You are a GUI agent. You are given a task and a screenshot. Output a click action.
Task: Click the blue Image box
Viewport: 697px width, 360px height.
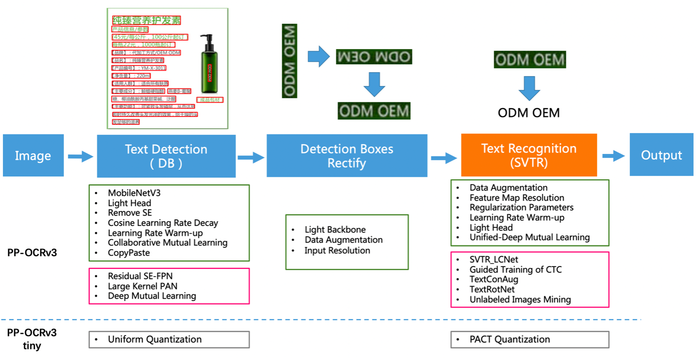33,155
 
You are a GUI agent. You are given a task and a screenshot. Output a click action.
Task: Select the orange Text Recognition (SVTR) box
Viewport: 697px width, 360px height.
529,155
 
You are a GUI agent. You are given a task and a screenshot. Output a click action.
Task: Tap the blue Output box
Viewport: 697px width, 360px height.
661,155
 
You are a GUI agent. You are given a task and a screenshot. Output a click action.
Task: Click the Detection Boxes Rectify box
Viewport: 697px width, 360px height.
347,156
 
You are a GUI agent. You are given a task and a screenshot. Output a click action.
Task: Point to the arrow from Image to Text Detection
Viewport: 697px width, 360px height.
80,156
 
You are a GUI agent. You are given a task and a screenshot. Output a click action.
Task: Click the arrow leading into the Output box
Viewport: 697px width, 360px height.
613,156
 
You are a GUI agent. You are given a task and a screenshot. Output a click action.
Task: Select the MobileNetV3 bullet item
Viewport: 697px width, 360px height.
134,193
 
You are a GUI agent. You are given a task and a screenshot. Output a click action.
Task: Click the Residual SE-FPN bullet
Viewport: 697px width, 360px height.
140,276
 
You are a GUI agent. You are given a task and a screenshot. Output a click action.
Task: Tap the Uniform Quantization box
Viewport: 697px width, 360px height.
169,340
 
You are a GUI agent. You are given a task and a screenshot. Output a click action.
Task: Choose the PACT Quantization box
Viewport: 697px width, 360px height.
529,340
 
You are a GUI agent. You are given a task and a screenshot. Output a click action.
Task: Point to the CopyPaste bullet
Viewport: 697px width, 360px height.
129,252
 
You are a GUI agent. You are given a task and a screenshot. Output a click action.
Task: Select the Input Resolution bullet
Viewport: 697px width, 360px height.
337,250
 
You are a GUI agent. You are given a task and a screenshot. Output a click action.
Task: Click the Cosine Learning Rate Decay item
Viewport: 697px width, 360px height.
163,223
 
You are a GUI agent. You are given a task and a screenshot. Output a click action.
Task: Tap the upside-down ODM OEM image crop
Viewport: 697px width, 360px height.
374,57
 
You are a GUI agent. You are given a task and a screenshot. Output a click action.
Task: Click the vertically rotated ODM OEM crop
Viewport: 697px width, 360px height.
290,61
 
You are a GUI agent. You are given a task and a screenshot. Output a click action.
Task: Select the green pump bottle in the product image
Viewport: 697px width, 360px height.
209,68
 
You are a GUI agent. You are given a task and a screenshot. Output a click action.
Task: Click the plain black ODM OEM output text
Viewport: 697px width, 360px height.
529,113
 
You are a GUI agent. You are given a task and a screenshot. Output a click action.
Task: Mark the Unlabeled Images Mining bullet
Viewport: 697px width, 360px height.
520,300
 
